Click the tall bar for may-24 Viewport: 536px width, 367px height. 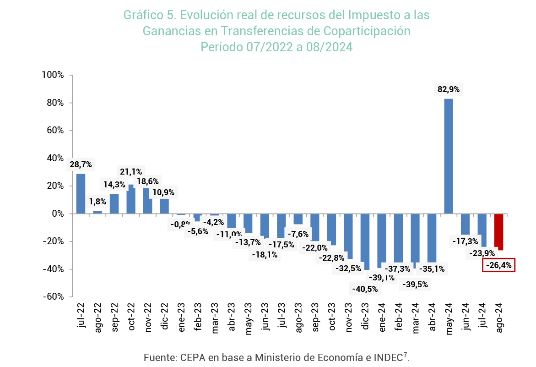coord(449,156)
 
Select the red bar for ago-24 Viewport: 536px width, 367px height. coord(498,232)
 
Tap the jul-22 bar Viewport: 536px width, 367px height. coord(81,193)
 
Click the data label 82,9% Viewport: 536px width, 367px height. coord(449,90)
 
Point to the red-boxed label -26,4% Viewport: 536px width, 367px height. coord(499,265)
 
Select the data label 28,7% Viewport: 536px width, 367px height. coord(81,164)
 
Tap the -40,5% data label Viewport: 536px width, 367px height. coord(365,289)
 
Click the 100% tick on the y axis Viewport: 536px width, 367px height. coord(54,75)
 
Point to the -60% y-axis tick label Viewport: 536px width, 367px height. coord(54,296)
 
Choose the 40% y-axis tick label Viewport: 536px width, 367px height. coord(56,158)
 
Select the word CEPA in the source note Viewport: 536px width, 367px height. coord(191,357)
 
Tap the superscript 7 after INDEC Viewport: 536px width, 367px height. coord(406,355)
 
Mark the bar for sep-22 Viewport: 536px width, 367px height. coord(114,203)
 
